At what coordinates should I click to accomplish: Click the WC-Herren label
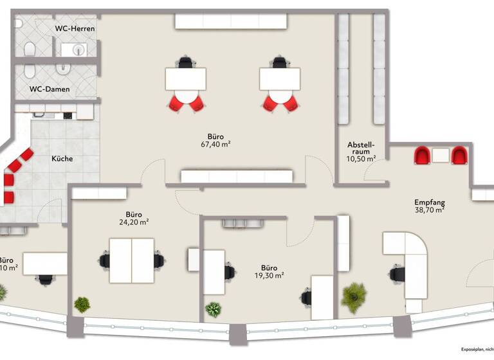(75, 28)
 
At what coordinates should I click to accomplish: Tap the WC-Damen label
(50, 89)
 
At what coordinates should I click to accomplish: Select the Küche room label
(62, 159)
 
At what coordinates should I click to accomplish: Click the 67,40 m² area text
(215, 145)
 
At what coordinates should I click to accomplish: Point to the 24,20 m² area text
(134, 222)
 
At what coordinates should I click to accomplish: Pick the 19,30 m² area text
(269, 275)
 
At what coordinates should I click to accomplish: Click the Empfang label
(429, 201)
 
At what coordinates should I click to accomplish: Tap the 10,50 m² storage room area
(361, 158)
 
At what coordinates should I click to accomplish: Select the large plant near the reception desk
(354, 296)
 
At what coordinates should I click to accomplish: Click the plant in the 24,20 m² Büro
(82, 304)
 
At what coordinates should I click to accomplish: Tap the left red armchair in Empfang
(422, 156)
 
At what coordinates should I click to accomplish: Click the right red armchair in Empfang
(459, 156)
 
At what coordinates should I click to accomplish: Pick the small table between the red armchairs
(441, 155)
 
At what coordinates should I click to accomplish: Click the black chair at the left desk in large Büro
(186, 62)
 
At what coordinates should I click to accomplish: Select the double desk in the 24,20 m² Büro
(131, 260)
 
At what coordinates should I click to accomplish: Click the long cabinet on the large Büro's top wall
(230, 21)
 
